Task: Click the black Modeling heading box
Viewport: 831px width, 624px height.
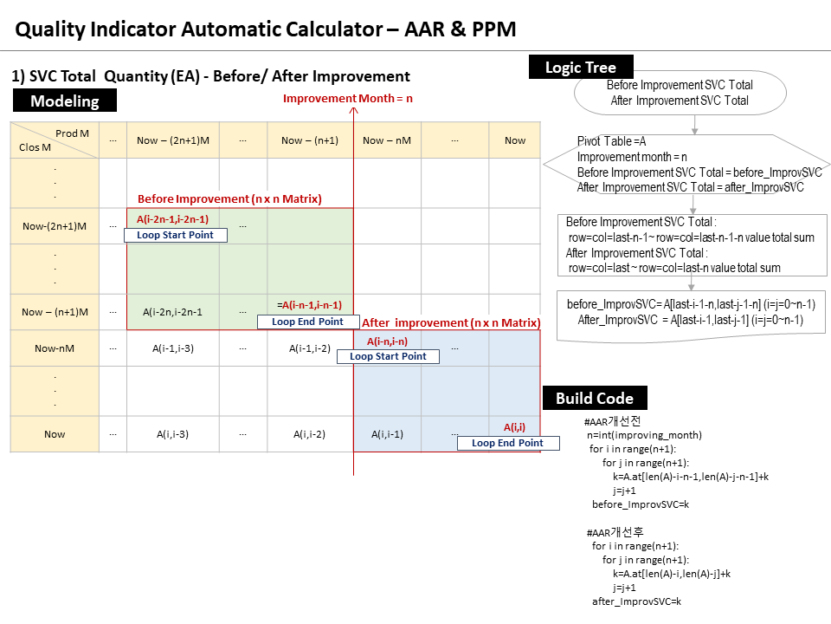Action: [x=65, y=101]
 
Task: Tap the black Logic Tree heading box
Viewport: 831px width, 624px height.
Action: [x=580, y=68]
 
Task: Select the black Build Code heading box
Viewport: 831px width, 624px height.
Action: [x=595, y=398]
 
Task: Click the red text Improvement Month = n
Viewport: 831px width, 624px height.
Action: [x=348, y=99]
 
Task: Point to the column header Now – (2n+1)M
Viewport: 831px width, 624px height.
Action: [x=172, y=140]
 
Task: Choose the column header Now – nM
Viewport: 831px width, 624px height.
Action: [x=386, y=140]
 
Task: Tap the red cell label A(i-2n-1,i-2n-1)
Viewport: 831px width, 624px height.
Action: [x=172, y=219]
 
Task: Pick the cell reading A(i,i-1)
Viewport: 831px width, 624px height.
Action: [x=387, y=434]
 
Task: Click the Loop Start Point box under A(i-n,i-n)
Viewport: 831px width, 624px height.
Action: [x=388, y=356]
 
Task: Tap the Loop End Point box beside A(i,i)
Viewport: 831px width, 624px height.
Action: [x=507, y=443]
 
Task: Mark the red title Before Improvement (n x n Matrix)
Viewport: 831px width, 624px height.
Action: [x=229, y=199]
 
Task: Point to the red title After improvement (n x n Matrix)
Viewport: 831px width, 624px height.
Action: [x=451, y=322]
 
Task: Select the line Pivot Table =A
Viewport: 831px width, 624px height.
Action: [x=611, y=141]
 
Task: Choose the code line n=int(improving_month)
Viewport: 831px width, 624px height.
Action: [x=644, y=435]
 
